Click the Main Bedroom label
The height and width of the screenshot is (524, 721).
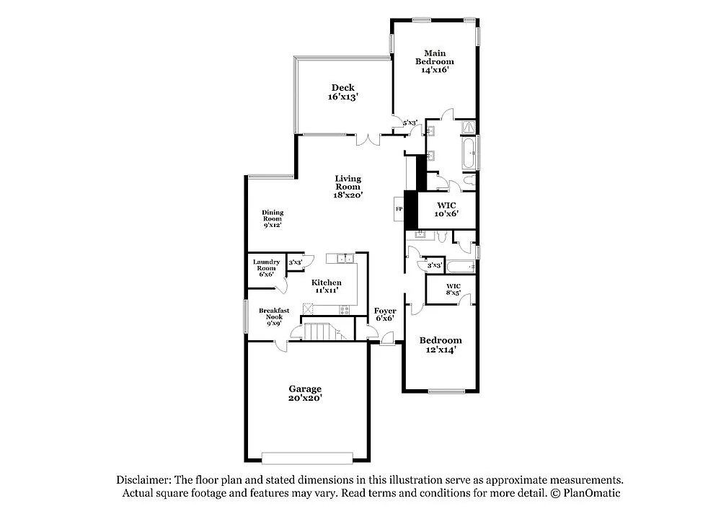[x=434, y=61]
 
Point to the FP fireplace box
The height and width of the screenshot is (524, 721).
[x=398, y=210]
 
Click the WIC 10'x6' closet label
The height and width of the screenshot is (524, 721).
[x=446, y=209]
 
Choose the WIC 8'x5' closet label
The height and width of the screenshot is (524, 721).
[x=453, y=290]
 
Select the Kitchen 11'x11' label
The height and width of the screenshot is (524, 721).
[x=327, y=286]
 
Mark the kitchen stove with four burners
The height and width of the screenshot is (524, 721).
[x=344, y=309]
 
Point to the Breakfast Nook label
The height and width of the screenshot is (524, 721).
[x=274, y=317]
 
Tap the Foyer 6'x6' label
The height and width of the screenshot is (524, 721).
[x=384, y=314]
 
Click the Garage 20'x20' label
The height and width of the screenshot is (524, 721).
[x=306, y=393]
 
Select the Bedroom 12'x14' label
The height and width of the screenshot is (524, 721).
[x=441, y=345]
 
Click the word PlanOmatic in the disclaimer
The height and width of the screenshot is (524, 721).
[x=591, y=494]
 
